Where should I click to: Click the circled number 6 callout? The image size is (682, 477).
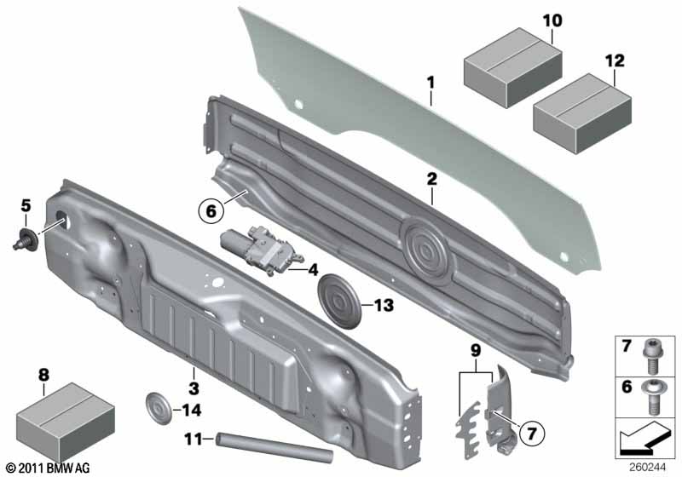[x=211, y=211]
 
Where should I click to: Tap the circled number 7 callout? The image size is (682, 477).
[x=531, y=433]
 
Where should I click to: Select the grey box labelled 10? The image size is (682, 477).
[x=512, y=67]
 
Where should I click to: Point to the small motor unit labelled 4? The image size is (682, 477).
[x=254, y=249]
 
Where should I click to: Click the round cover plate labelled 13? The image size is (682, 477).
[x=339, y=301]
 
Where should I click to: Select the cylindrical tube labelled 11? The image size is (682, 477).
[x=274, y=447]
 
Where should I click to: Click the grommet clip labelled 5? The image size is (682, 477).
[x=26, y=238]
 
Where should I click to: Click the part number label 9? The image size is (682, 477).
[x=476, y=351]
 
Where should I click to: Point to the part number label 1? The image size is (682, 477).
[x=431, y=83]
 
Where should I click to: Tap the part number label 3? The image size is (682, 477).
[x=194, y=388]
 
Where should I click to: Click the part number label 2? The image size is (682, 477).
[x=431, y=179]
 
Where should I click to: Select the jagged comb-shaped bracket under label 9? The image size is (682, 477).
[x=468, y=430]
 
